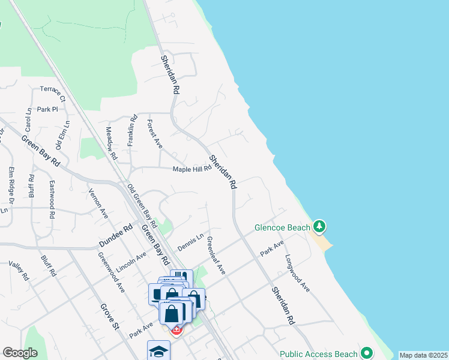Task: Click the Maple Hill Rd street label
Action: (193, 169)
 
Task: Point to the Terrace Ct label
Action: (53, 91)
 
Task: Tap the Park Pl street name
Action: (47, 109)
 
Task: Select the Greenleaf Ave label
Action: (215, 256)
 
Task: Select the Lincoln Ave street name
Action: (131, 262)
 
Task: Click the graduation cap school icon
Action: (158, 351)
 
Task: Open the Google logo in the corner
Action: (20, 352)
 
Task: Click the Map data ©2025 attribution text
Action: (423, 355)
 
